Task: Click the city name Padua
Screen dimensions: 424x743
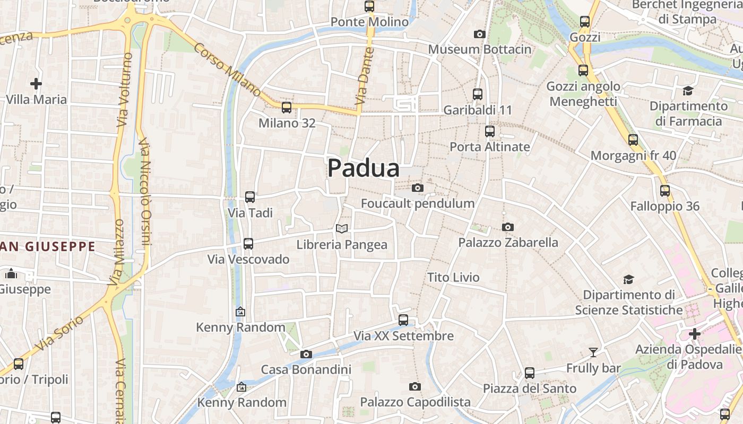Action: tap(363, 169)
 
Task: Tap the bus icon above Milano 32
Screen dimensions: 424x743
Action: tap(287, 108)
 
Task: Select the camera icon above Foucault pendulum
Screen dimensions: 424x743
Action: tap(418, 188)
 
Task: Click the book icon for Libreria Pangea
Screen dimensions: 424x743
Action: tap(342, 229)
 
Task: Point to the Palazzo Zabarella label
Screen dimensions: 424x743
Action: tap(508, 243)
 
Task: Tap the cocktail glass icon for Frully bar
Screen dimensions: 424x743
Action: tap(593, 352)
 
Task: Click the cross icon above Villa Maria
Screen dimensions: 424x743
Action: tap(36, 84)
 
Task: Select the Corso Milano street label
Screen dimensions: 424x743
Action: tap(227, 69)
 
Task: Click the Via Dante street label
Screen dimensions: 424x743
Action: tap(365, 76)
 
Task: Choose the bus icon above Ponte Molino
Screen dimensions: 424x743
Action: tap(369, 6)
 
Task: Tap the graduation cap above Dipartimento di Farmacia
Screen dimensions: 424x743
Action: tap(688, 91)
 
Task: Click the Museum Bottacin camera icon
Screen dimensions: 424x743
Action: tap(479, 34)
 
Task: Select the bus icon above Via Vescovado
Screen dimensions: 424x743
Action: tap(248, 244)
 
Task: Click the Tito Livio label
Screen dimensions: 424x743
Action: tap(453, 277)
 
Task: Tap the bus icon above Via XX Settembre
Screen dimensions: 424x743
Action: tap(403, 320)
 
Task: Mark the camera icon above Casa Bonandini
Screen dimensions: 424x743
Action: tap(306, 354)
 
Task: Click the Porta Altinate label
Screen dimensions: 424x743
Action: tap(489, 147)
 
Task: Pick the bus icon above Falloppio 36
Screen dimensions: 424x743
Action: tap(665, 191)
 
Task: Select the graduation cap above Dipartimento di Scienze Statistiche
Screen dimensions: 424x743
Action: tap(628, 279)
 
